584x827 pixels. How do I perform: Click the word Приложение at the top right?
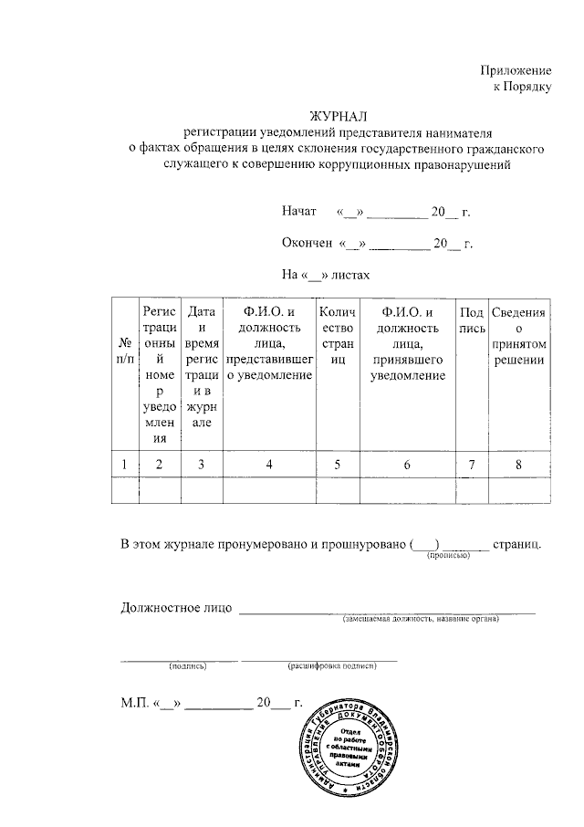pos(517,70)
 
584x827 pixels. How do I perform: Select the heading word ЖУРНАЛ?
pos(337,116)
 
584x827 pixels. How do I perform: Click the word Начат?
pos(299,213)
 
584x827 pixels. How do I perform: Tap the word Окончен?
pos(308,244)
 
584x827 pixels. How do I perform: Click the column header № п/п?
pos(123,351)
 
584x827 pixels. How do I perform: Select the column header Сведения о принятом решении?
pos(518,337)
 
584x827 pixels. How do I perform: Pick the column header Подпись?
pos(472,320)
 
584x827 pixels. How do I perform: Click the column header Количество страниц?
pos(337,337)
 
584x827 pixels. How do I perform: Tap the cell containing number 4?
pos(268,465)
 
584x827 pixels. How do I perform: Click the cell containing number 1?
pos(123,465)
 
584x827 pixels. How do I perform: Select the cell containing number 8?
pos(518,465)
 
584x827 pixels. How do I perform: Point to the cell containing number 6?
pos(407,465)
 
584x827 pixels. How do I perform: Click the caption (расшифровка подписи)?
pos(332,667)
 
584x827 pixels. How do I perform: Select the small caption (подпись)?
pos(188,667)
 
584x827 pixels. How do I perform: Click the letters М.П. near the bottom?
pos(136,704)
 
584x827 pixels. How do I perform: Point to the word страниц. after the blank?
pos(518,545)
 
